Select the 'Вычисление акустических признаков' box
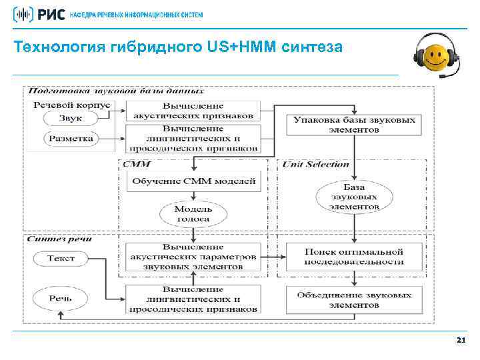[193, 111]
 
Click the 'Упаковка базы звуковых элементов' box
[354, 125]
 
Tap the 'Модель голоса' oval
[193, 213]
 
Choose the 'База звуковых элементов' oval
[354, 197]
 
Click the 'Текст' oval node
[61, 258]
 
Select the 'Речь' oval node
[61, 299]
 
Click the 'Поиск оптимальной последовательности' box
[354, 257]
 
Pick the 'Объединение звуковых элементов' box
[354, 299]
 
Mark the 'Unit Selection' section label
[315, 164]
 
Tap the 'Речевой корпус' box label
[71, 105]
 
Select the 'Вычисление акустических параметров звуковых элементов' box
[193, 257]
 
